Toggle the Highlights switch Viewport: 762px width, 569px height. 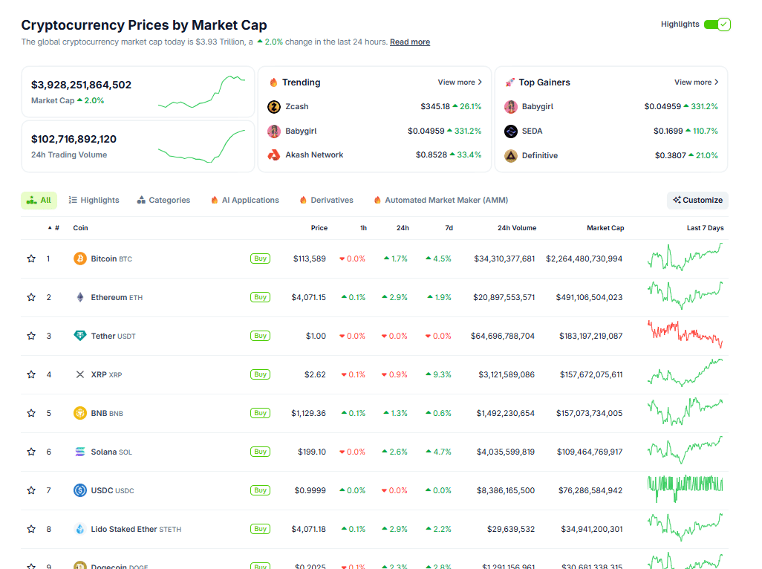717,25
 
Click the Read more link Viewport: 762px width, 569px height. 410,42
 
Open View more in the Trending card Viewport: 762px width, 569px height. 460,82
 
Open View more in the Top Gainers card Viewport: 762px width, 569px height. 697,82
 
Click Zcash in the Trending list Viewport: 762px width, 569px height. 297,107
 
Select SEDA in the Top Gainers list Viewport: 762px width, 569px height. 532,131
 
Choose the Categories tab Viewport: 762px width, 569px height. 163,201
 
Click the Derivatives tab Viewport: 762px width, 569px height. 326,201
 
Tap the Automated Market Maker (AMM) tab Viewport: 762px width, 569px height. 440,201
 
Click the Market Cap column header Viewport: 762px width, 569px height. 605,228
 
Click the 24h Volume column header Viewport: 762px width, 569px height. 516,228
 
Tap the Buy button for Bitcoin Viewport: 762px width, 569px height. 260,259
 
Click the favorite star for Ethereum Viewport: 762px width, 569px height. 31,297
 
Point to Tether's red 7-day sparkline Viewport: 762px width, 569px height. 685,334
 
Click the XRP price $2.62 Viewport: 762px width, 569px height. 315,374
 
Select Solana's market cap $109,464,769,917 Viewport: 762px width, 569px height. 589,452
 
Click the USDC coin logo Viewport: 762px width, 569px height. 80,490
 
